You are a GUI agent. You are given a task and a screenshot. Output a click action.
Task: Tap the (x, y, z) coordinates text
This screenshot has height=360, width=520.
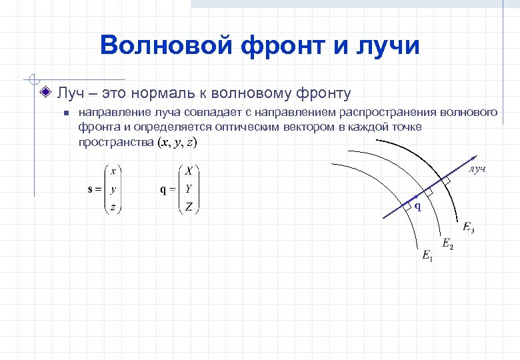[x=177, y=143]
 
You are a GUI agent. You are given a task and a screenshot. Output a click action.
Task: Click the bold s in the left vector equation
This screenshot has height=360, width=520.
[x=91, y=189]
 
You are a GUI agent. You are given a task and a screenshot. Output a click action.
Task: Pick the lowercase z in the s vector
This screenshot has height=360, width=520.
[x=113, y=207]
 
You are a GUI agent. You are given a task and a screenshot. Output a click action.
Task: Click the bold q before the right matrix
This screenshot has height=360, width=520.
[x=163, y=189]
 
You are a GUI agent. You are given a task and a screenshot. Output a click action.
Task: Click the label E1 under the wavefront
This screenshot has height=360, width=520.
[x=427, y=255]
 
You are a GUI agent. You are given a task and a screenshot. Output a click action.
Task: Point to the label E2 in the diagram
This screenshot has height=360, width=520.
[x=447, y=243]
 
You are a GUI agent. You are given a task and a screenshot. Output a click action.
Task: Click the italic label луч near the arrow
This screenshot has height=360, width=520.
[x=477, y=169]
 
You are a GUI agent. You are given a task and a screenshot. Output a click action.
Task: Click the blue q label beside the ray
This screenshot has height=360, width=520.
[x=417, y=206]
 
